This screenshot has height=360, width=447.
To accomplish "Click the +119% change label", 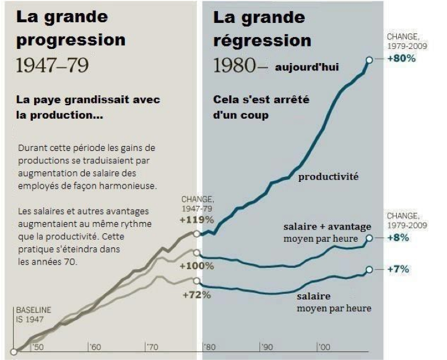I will coord(197,219).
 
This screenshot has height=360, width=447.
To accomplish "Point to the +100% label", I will coord(196,266).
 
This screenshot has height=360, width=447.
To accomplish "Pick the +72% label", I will coord(197,294).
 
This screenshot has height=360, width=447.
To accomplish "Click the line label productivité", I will coord(328,177).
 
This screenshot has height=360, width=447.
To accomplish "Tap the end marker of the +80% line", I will coord(370,59).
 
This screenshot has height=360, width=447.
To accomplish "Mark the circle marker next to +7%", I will coord(370,270).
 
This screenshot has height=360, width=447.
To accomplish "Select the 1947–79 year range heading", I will coord(52,66).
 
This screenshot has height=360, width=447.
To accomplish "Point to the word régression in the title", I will coord(263,41).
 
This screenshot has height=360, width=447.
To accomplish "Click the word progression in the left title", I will coord(71,41).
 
